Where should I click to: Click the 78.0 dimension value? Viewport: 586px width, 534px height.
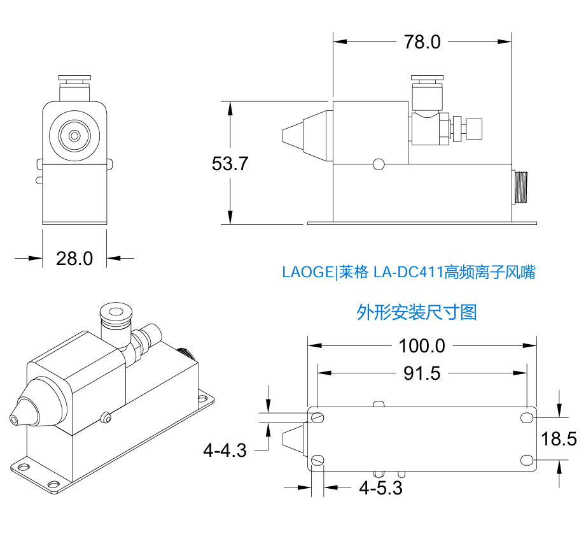tap(422, 42)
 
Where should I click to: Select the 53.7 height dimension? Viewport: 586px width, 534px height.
tap(230, 163)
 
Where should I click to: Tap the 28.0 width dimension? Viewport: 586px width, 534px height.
tap(74, 258)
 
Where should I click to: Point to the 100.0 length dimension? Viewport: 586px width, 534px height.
tap(422, 346)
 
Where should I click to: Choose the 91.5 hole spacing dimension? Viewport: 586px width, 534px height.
tap(422, 373)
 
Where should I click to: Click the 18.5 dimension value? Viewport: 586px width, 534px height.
tap(559, 439)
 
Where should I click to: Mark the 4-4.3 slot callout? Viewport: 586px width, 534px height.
tap(225, 451)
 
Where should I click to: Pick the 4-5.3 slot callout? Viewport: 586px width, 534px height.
tap(380, 488)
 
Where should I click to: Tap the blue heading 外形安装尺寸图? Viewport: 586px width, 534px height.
tap(417, 312)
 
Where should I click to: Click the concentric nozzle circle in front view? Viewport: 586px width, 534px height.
tap(75, 135)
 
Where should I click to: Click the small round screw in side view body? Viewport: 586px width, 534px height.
tap(379, 164)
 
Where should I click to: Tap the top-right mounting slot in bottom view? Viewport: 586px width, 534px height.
tap(527, 417)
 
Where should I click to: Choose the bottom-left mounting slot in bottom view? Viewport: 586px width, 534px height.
tap(319, 461)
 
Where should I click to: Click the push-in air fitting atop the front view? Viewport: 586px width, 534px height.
tap(74, 87)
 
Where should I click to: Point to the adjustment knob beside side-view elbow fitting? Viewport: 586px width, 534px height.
tap(473, 129)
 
